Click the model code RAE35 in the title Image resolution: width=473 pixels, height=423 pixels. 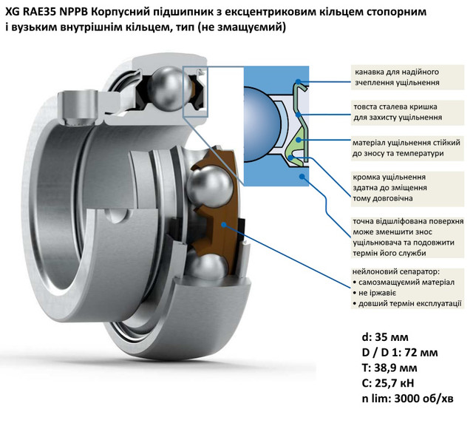click(x=40, y=12)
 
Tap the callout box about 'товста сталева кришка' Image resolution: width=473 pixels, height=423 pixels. click(x=407, y=112)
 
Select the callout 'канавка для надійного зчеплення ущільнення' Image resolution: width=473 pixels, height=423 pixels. click(x=407, y=78)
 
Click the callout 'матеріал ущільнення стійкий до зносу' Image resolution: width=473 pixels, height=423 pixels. click(x=407, y=148)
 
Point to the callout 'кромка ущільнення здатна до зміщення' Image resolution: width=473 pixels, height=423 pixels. click(x=407, y=188)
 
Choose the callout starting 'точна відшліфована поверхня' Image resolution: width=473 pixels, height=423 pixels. click(x=407, y=237)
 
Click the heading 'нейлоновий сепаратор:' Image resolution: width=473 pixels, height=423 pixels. click(x=396, y=271)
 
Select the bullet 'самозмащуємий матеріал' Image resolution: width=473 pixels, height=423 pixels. click(x=404, y=282)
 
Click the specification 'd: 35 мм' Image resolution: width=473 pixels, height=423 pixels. click(x=385, y=337)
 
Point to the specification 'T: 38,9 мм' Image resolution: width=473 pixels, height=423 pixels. click(x=389, y=368)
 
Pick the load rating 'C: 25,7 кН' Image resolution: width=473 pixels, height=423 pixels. click(x=388, y=383)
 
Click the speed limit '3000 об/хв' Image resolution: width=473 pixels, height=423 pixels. click(x=423, y=399)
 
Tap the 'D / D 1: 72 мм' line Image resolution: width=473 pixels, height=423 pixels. click(x=400, y=352)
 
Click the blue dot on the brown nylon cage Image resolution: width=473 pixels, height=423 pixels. click(x=223, y=224)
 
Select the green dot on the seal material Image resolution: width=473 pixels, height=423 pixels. click(x=299, y=140)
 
